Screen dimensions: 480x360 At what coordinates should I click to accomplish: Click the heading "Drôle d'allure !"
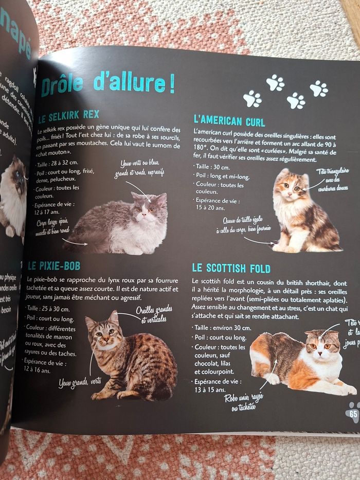(107, 83)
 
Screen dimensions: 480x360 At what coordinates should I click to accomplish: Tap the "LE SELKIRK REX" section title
(68, 115)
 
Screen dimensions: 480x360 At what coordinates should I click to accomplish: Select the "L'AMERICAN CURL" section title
(229, 121)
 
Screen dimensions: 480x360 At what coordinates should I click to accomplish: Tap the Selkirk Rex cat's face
(148, 204)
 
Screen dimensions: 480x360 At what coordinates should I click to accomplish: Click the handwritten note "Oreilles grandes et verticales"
(153, 314)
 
